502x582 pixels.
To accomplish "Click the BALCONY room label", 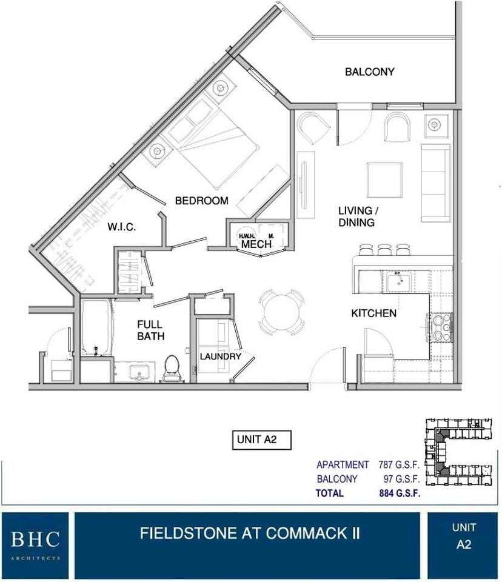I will tap(369, 72).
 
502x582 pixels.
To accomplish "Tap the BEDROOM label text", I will tap(201, 201).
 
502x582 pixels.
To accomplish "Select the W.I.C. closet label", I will tap(122, 227).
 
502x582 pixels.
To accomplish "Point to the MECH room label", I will tap(255, 244).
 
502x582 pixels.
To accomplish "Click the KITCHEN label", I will tap(374, 313).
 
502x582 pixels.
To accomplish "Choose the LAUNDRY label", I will tap(221, 356).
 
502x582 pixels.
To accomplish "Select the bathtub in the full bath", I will tap(96, 328).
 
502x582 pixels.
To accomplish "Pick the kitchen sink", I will tap(398, 281).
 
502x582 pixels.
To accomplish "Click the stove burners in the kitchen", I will tap(441, 328).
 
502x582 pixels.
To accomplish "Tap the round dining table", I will tap(282, 312).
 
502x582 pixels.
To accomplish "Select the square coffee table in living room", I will tap(384, 180).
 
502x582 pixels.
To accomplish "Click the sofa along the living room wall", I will tap(435, 178).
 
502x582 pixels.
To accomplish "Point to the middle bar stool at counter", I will tap(384, 249).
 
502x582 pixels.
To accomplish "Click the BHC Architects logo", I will tap(35, 542).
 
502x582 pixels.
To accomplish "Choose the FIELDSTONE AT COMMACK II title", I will tap(250, 533).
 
